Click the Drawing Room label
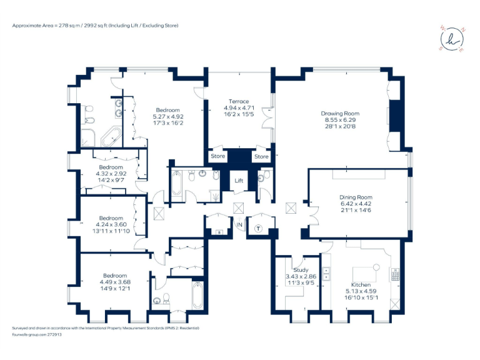(340, 113)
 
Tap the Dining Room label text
(356, 197)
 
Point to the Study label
(301, 270)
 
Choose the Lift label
(238, 181)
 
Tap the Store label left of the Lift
(217, 156)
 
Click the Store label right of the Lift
(261, 156)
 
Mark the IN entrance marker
(239, 224)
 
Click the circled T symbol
(259, 228)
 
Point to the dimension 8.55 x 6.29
(340, 120)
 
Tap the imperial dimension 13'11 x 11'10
(111, 231)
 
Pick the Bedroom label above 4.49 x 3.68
(115, 276)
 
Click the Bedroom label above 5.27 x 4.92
(167, 110)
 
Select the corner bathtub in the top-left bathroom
(112, 137)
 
